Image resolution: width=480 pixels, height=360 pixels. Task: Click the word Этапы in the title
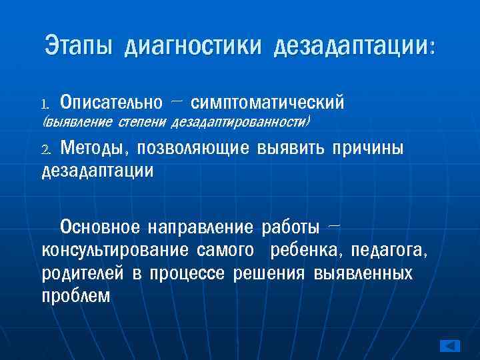[79, 46]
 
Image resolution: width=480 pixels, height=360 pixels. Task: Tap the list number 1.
[45, 104]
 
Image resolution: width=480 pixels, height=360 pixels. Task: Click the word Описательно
[111, 103]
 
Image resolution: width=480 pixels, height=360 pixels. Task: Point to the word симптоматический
[267, 103]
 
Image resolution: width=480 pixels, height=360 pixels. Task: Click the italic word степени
[139, 123]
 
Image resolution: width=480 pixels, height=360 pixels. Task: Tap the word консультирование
[115, 251]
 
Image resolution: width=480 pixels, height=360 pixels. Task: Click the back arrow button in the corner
[451, 346]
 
